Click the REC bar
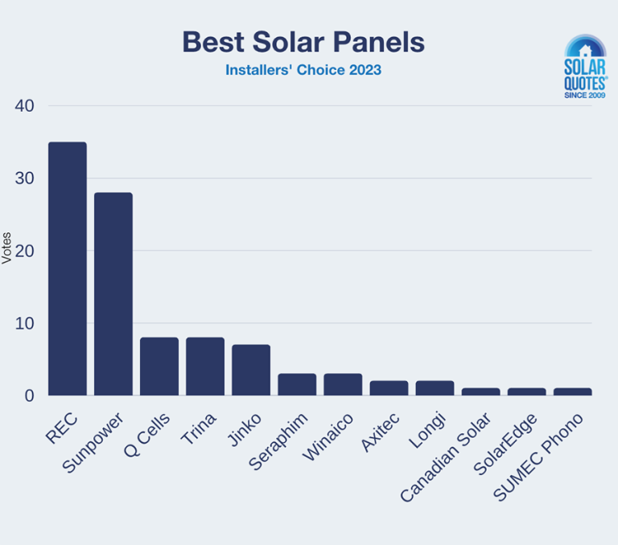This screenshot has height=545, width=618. [x=68, y=268]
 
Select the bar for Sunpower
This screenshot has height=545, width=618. [x=113, y=294]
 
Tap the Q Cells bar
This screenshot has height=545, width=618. [x=159, y=367]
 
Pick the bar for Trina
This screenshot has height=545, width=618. [x=205, y=367]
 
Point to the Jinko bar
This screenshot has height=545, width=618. [x=251, y=370]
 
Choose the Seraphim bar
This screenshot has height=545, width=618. [x=297, y=384]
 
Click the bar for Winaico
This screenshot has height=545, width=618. [x=343, y=384]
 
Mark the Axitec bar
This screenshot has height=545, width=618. [x=389, y=388]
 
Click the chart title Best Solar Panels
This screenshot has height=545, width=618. [x=303, y=42]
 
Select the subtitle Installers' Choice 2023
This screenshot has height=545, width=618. [x=303, y=70]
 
